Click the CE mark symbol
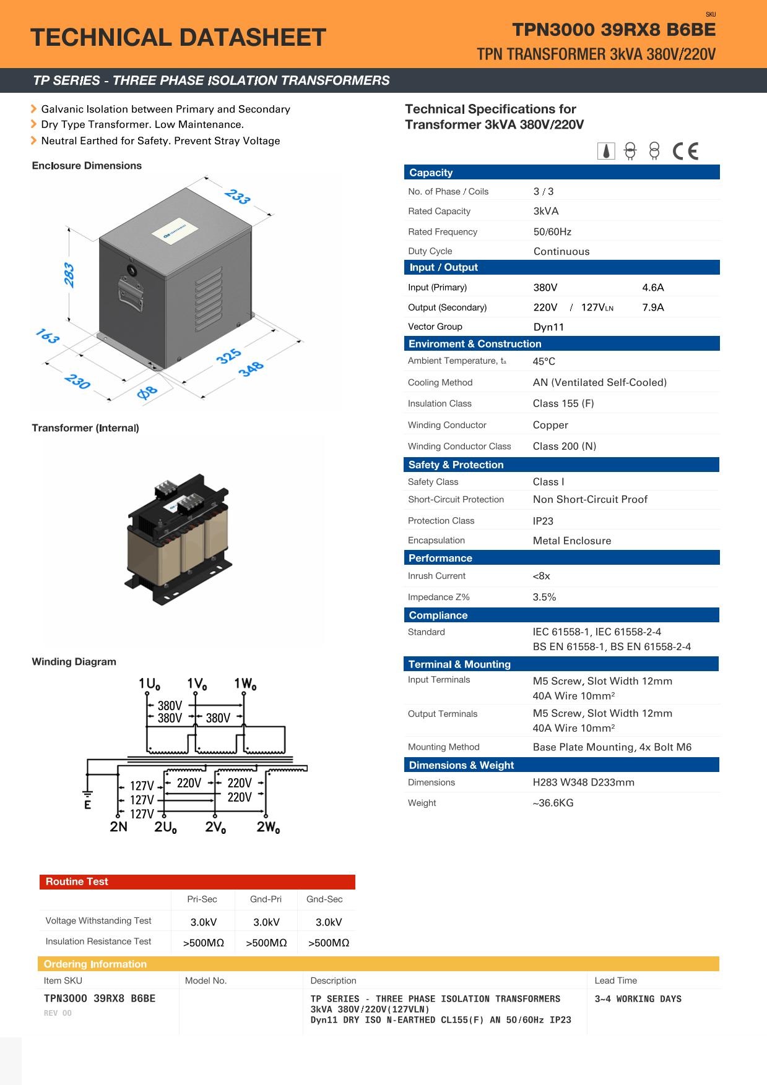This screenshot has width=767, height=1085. point(685,151)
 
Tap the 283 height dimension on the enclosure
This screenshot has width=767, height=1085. point(69,275)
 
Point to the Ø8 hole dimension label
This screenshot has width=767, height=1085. point(147,392)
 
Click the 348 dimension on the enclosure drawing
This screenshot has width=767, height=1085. point(251,369)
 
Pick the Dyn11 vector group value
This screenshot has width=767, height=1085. point(548,327)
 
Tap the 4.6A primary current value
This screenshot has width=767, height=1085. point(653,288)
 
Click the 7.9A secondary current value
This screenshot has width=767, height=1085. point(653,307)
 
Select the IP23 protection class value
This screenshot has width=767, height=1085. point(543,521)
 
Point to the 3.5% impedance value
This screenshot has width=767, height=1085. point(544,597)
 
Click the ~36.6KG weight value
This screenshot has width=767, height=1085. point(553,803)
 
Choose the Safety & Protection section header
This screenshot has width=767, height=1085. point(456,465)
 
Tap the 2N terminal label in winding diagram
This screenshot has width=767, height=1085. point(118,826)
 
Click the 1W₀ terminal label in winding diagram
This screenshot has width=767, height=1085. point(245,684)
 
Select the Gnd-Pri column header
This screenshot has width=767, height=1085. point(266,899)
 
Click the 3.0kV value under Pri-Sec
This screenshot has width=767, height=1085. point(204,922)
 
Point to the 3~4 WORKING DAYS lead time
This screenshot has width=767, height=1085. point(638,999)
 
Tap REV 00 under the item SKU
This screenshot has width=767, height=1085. point(58,1013)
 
